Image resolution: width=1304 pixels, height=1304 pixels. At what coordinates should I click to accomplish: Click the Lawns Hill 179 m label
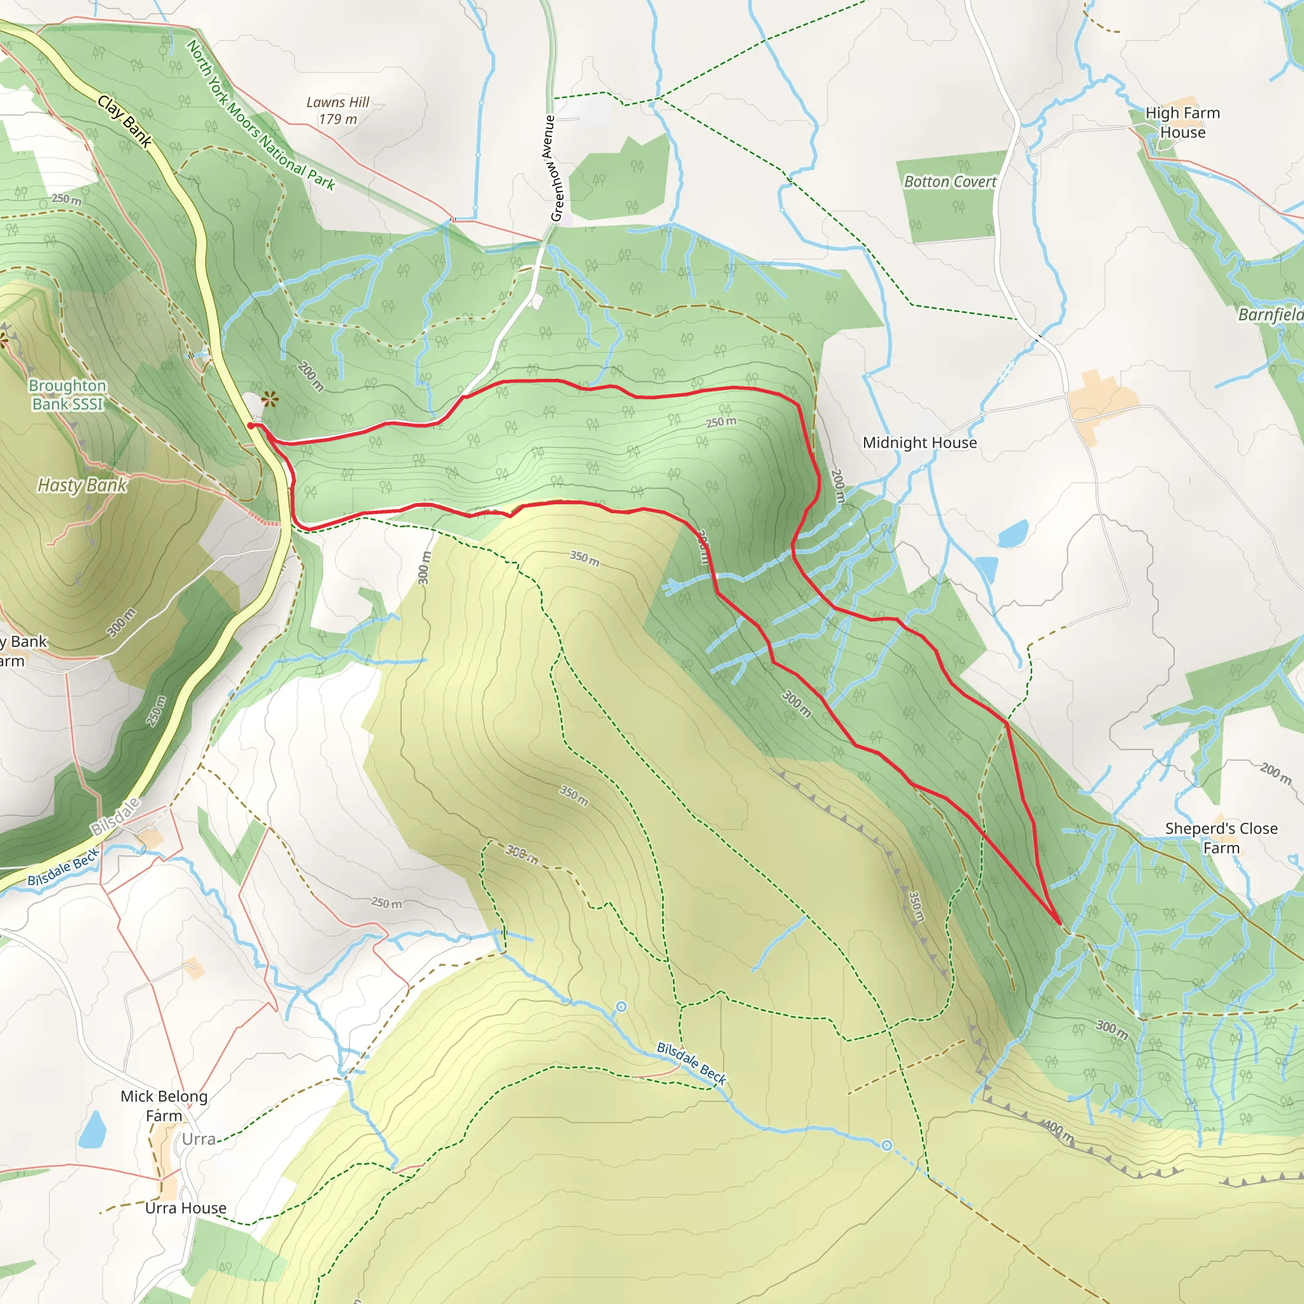point(337,111)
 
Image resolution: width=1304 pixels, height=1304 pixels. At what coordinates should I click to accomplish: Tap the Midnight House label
point(919,443)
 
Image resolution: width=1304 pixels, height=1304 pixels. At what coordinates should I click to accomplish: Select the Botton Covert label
point(949,181)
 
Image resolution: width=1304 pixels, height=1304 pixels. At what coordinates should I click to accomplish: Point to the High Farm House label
point(1182,122)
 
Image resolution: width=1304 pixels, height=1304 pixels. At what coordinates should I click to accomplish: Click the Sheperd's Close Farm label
point(1221,838)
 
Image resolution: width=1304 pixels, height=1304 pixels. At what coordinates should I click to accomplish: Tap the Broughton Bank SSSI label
point(67,395)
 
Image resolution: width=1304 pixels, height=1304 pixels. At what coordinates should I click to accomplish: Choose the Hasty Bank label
point(81,485)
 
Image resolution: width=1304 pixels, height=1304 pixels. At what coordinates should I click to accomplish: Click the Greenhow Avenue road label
point(553,168)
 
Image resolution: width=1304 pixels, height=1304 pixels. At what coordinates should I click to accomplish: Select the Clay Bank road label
point(125,122)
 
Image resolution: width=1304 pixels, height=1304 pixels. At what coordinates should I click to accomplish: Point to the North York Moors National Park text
point(260,115)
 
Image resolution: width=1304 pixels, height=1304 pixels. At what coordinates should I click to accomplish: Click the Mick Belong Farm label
point(164,1105)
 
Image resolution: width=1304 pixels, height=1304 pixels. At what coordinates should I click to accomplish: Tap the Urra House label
point(186,1207)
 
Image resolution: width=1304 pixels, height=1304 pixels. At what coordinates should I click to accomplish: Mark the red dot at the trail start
point(250,426)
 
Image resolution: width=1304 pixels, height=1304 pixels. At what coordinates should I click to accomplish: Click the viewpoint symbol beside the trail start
point(270,400)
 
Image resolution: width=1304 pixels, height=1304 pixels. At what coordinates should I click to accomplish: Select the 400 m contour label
point(1058,1131)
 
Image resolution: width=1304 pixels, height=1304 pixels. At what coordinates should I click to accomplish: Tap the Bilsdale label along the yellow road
point(115,816)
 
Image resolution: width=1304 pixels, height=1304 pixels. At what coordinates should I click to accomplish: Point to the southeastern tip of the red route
point(1059,923)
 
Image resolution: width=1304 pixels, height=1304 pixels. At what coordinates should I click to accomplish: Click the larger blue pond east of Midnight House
point(1012,533)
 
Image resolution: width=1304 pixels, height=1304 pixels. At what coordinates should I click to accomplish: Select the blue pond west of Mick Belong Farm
point(92,1129)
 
